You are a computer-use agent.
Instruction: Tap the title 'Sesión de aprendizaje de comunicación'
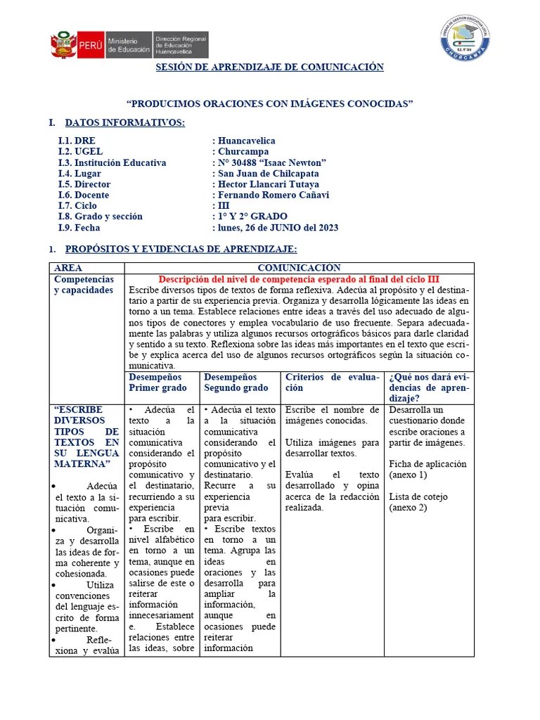269,67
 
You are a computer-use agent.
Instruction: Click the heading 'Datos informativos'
124,123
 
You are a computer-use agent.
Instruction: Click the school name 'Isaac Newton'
271,163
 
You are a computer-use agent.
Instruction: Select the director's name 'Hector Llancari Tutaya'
268,184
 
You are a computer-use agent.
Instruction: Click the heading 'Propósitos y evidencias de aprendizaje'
181,250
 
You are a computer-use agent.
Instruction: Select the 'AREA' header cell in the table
68,268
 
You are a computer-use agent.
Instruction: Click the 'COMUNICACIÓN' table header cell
299,268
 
